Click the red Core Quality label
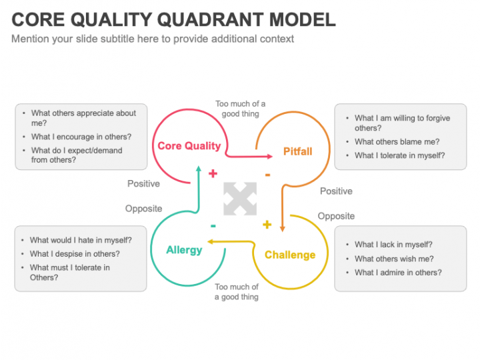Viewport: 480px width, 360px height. point(189,146)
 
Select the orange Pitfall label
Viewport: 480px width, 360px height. point(297,151)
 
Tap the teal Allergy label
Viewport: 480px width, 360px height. point(184,250)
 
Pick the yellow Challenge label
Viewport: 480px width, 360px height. point(290,255)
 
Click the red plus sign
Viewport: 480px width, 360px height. point(213,174)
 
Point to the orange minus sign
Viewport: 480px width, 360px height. point(267,175)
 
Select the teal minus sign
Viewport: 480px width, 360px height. point(213,225)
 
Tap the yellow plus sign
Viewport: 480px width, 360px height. point(267,224)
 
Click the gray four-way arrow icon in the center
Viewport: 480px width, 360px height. point(240,199)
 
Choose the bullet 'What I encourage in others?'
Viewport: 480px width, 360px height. point(81,137)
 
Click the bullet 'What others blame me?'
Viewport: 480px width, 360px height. point(397,141)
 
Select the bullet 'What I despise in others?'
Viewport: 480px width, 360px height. point(75,254)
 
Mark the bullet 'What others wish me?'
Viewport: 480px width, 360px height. point(394,259)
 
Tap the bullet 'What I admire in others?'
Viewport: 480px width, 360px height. point(398,272)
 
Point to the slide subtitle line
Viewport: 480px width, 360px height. point(153,39)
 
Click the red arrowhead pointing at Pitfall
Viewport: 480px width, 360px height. point(269,157)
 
